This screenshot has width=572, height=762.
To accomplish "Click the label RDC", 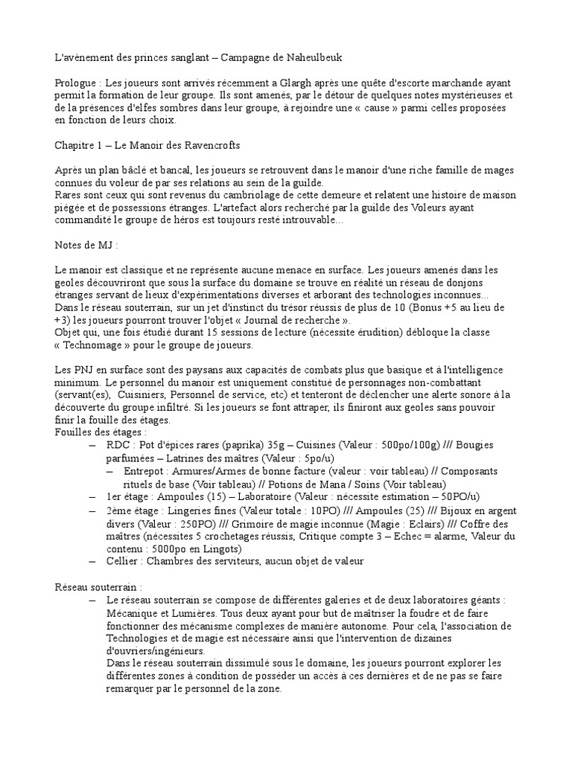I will [118, 445].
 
